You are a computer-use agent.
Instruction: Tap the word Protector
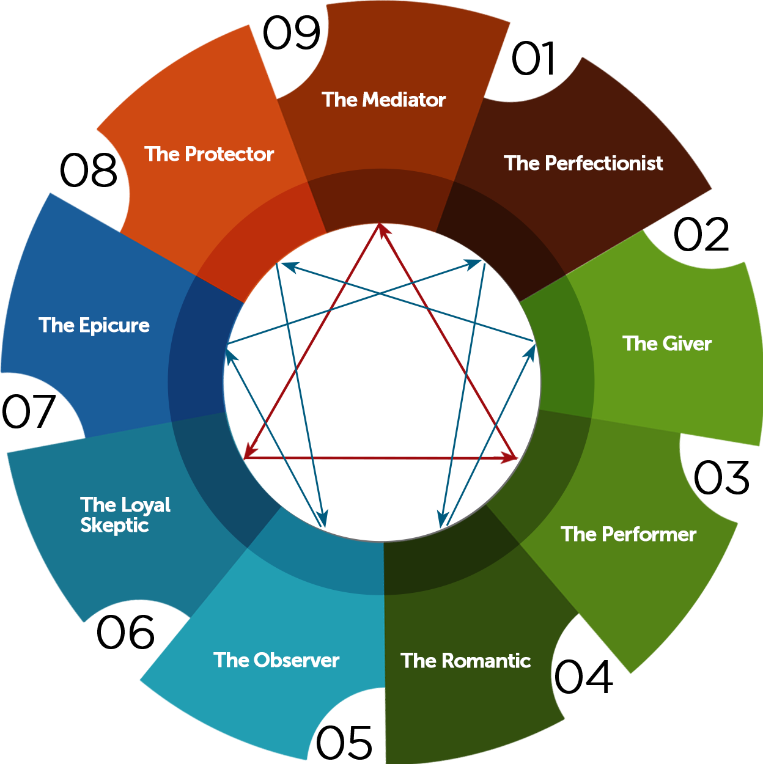(229, 154)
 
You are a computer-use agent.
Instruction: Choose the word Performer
(649, 534)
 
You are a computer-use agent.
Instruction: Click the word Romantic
(486, 661)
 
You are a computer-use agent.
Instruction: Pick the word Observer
(297, 660)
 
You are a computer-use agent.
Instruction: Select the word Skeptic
(114, 525)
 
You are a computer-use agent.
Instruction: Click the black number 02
(701, 235)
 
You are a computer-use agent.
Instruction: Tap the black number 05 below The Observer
(344, 744)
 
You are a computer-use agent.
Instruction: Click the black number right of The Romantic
(583, 678)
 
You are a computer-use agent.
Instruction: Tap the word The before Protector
(162, 154)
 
